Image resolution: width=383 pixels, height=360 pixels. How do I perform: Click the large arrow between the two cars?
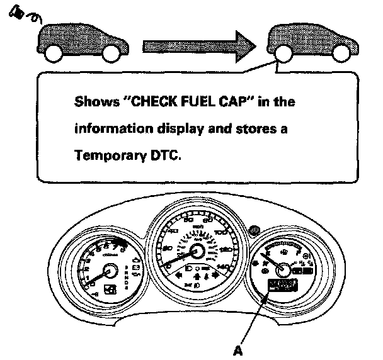click(x=198, y=45)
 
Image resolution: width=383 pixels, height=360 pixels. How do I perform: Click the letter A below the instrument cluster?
click(x=239, y=350)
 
